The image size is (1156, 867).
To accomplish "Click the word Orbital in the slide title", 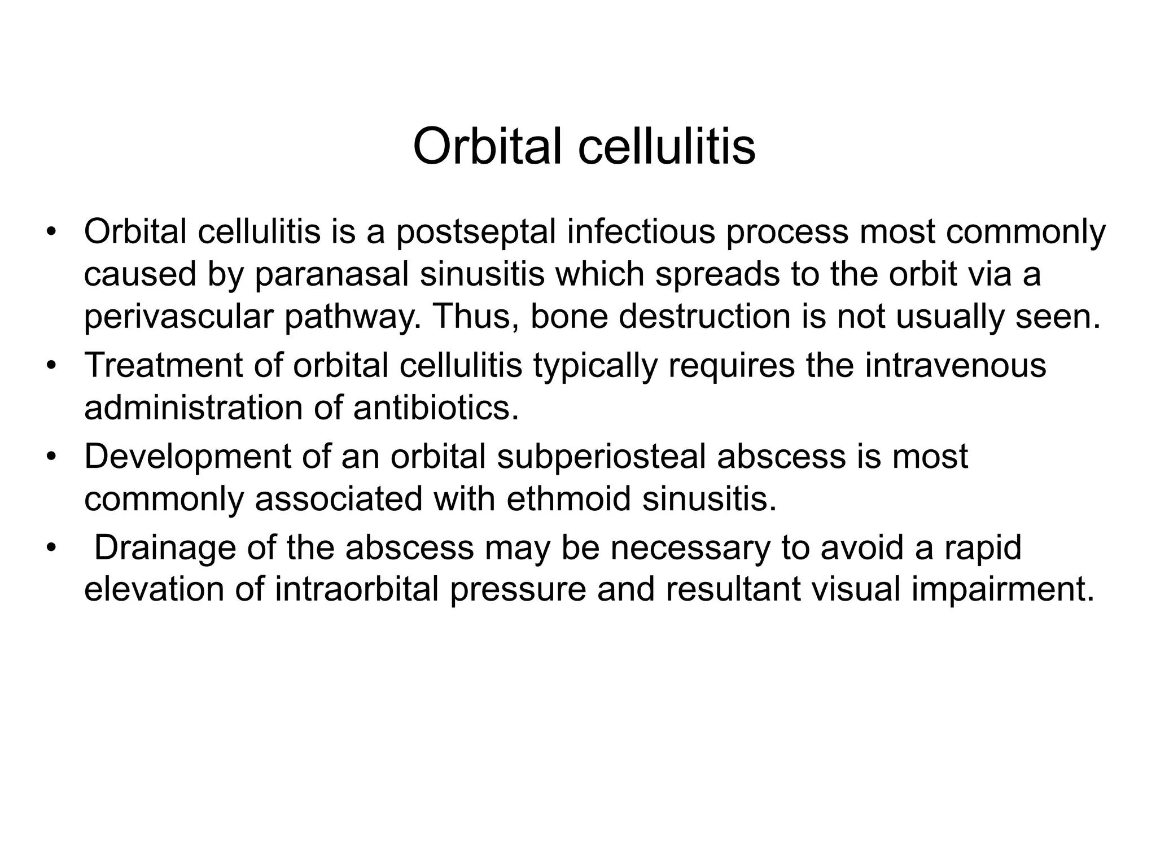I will click(490, 146).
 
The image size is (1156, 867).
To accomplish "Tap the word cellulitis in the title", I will click(667, 146).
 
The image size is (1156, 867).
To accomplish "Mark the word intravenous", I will click(955, 365).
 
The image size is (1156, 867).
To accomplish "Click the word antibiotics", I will click(435, 408).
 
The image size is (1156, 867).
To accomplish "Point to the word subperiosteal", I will click(601, 457).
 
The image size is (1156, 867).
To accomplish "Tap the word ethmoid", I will click(568, 499).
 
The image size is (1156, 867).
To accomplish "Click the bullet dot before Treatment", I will click(52, 365).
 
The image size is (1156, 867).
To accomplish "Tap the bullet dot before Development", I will click(52, 457).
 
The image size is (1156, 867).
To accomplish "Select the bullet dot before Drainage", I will click(52, 548).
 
